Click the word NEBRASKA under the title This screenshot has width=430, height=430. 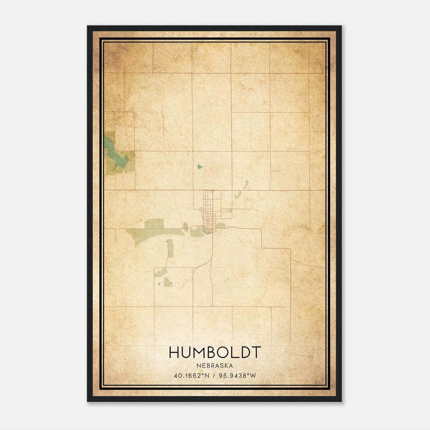215,365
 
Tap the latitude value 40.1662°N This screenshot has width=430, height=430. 191,375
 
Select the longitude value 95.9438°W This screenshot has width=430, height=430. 237,375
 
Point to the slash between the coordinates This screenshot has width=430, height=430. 214,375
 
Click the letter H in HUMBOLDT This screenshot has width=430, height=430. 174,352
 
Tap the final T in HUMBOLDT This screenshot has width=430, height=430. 256,352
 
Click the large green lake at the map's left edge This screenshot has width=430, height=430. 113,153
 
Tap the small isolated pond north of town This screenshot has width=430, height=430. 199,166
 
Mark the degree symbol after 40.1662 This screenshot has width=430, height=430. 203,374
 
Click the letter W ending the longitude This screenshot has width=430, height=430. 253,375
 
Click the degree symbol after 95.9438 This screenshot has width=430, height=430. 248,374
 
